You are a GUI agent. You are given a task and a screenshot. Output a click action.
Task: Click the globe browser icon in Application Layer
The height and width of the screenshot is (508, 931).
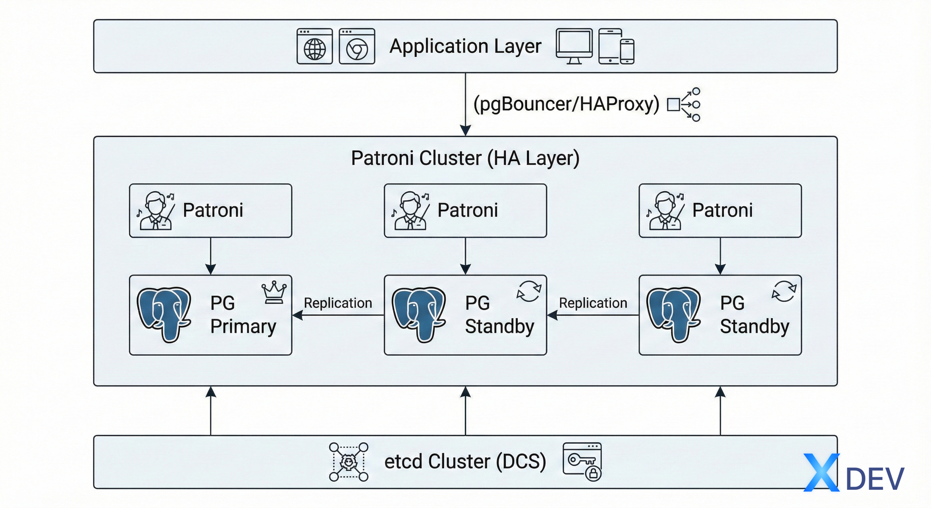[x=315, y=47]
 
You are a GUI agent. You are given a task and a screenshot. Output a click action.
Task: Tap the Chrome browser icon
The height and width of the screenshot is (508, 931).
[x=357, y=47]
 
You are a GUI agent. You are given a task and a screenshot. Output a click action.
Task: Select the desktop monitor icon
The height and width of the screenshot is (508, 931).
[x=574, y=46]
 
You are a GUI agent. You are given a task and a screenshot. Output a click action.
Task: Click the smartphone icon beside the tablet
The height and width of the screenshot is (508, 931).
[x=627, y=51]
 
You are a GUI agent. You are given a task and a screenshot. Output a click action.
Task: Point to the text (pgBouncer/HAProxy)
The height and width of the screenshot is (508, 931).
[x=566, y=104]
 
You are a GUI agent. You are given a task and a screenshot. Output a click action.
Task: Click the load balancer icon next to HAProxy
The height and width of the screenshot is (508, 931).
[x=684, y=104]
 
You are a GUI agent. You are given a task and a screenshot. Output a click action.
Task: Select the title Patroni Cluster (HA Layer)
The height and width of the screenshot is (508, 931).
[x=465, y=158]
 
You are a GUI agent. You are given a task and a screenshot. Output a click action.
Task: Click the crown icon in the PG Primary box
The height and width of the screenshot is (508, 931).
[x=274, y=292]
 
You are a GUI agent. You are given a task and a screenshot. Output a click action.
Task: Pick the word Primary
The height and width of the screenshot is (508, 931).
[x=243, y=326]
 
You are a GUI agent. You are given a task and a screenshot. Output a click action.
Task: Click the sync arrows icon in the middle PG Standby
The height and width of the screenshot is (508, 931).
[x=529, y=291]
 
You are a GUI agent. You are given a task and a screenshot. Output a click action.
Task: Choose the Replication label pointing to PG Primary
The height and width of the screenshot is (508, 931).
[x=338, y=303]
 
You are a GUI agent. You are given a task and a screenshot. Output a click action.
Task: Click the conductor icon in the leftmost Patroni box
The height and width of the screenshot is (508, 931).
[x=156, y=210]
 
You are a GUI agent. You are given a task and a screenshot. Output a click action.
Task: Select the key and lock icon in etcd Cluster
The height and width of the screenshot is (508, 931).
[x=582, y=461]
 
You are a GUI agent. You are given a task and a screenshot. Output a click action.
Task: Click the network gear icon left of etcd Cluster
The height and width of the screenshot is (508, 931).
[x=349, y=462]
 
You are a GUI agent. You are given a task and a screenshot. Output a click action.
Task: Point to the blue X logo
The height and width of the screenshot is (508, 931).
[x=822, y=472]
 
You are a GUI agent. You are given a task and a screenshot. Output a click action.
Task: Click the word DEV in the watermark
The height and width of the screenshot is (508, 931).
[x=875, y=479]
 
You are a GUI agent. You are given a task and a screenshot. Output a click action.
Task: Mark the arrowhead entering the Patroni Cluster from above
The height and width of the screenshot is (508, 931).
[x=465, y=130]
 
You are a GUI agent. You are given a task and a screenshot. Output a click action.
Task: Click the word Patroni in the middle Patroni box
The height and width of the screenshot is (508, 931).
[x=467, y=210]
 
